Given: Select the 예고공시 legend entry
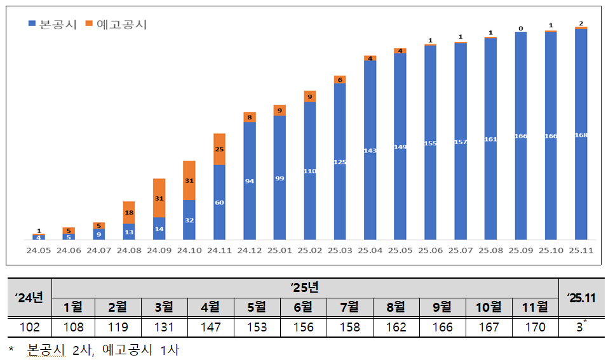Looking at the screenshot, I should point(117,25).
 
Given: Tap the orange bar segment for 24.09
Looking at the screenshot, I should point(159,198).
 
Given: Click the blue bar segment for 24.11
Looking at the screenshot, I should point(219,202).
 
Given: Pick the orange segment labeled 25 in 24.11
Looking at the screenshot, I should point(219,149).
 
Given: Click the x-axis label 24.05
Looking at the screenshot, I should point(39,251).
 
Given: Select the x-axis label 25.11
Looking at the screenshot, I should point(581,251).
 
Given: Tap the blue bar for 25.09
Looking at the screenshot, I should point(520,136).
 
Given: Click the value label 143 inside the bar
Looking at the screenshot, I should point(370,150).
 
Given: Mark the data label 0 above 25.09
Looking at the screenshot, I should point(520,28).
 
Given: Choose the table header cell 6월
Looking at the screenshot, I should point(304,308).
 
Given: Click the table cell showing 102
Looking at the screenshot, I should point(30,328).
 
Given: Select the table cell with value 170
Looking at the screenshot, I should point(535,328).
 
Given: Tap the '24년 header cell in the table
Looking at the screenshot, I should point(30,298).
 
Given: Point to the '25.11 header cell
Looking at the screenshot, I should point(581,298).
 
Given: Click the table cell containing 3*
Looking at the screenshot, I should point(581,328).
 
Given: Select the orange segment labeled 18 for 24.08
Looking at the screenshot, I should point(129,212).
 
